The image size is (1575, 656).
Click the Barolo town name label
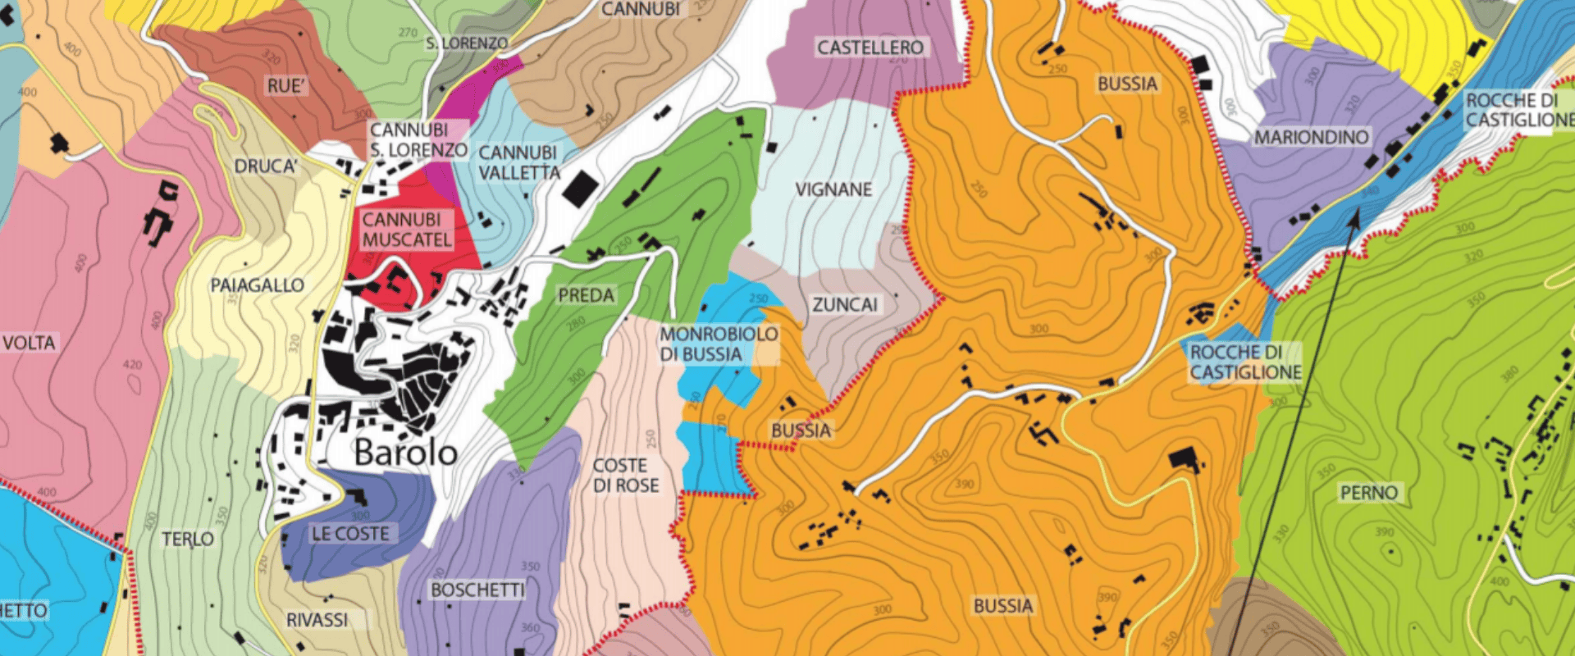tap(405, 453)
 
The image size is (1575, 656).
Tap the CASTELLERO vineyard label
tap(870, 48)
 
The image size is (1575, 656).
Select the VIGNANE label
tap(833, 189)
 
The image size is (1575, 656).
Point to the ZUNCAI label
tap(845, 305)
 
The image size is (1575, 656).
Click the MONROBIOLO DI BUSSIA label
tap(719, 344)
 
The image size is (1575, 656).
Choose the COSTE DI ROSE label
tap(626, 476)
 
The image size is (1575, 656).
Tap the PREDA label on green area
tap(586, 295)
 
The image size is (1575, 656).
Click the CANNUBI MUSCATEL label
tap(407, 230)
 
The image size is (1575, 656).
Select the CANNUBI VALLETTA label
tap(518, 162)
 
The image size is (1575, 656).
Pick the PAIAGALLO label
tap(257, 285)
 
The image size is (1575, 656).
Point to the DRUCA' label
tap(265, 166)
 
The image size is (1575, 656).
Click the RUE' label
tap(285, 86)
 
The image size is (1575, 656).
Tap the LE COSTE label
tap(350, 534)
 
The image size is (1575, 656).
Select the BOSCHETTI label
tap(477, 590)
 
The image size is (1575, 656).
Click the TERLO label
tap(187, 540)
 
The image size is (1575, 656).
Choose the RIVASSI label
tap(317, 620)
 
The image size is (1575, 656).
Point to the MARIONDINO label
tap(1311, 138)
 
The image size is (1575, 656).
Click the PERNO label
tap(1368, 493)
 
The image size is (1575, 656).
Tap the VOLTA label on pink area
tap(29, 343)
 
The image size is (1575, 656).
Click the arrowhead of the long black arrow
tap(1355, 216)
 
